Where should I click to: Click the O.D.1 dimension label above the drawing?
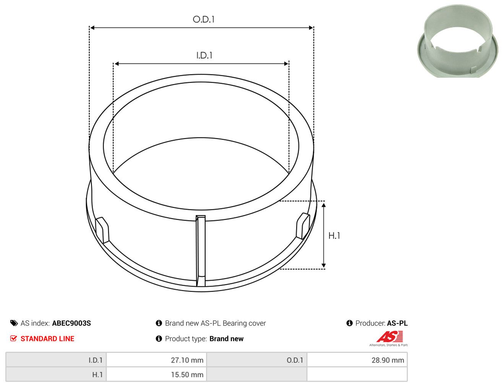coord(203,20)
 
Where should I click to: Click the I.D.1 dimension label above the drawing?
coord(204,56)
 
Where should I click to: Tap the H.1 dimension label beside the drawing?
coord(334,236)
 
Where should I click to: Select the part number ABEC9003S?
coord(71,323)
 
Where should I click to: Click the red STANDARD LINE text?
coord(47,338)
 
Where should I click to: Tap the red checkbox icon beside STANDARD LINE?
coord(14,338)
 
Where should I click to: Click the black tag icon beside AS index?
coord(14,323)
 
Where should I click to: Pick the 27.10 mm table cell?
coord(156,360)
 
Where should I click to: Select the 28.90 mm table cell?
coord(357,360)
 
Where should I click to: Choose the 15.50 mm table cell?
coord(156,374)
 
